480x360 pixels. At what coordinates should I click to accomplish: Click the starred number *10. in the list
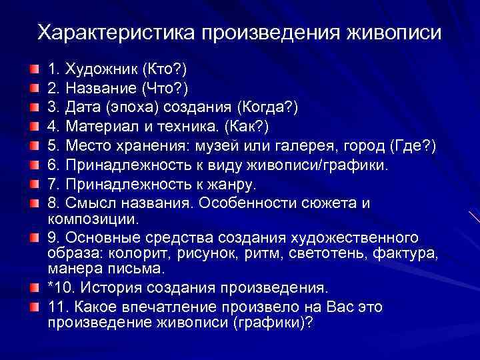61,288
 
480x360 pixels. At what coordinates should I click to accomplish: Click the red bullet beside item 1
33,69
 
